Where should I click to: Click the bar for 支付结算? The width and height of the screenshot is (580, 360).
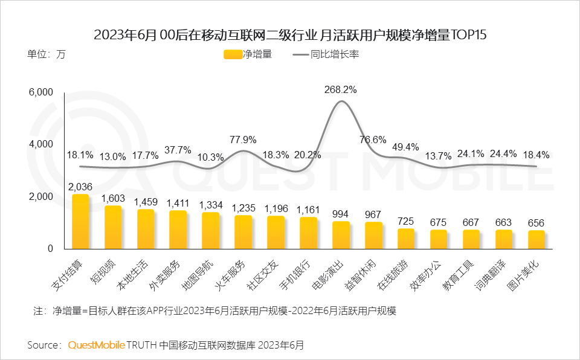[80, 222]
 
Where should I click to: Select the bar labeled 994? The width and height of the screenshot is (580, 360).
[341, 235]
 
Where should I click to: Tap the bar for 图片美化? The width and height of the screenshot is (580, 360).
[536, 240]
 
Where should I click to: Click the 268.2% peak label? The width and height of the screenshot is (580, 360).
[341, 89]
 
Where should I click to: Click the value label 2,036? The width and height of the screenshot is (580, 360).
[80, 186]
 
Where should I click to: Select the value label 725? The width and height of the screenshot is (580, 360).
[406, 220]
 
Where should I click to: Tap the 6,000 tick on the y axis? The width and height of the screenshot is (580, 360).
[42, 92]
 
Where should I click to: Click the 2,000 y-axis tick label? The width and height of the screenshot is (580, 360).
[42, 197]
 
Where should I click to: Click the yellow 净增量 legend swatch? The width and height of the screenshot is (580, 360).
[233, 54]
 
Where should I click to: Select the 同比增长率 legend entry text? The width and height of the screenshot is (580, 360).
[335, 54]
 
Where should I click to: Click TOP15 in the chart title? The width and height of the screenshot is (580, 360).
[469, 34]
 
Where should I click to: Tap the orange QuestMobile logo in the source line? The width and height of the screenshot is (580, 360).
[96, 345]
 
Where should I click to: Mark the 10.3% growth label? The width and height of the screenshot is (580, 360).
[211, 157]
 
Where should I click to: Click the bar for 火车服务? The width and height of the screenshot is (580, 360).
[243, 232]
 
